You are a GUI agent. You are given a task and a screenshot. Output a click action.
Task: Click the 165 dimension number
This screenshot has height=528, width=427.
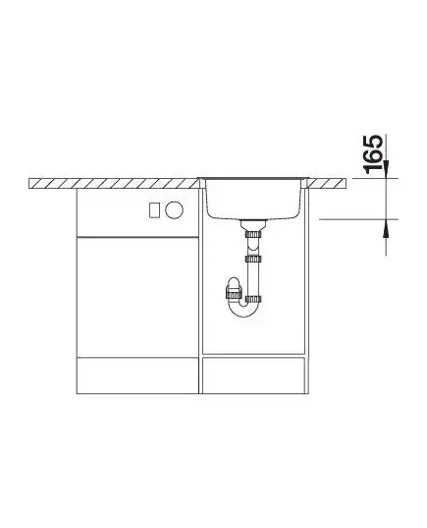click(x=374, y=154)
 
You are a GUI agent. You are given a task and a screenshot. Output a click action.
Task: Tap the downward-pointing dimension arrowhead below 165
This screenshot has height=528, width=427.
click(x=386, y=169)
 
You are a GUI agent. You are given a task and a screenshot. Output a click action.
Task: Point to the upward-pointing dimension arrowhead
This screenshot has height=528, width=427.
click(x=386, y=228)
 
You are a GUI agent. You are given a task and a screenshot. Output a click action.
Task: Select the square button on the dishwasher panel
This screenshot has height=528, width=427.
click(x=154, y=210)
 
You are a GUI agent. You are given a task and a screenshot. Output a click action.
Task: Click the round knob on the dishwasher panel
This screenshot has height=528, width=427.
click(x=174, y=210)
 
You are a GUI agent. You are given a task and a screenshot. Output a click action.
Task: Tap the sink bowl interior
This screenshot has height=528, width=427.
click(x=253, y=198)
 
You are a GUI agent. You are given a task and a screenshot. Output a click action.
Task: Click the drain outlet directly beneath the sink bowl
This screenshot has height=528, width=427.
click(x=253, y=224)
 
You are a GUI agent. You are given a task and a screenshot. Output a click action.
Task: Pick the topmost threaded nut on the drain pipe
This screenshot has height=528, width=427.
click(x=253, y=234)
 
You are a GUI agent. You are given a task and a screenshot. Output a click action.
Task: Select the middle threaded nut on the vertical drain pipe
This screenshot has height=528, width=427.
click(x=253, y=259)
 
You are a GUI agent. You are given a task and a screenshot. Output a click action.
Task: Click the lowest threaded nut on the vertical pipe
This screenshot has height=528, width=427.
click(x=253, y=298)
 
